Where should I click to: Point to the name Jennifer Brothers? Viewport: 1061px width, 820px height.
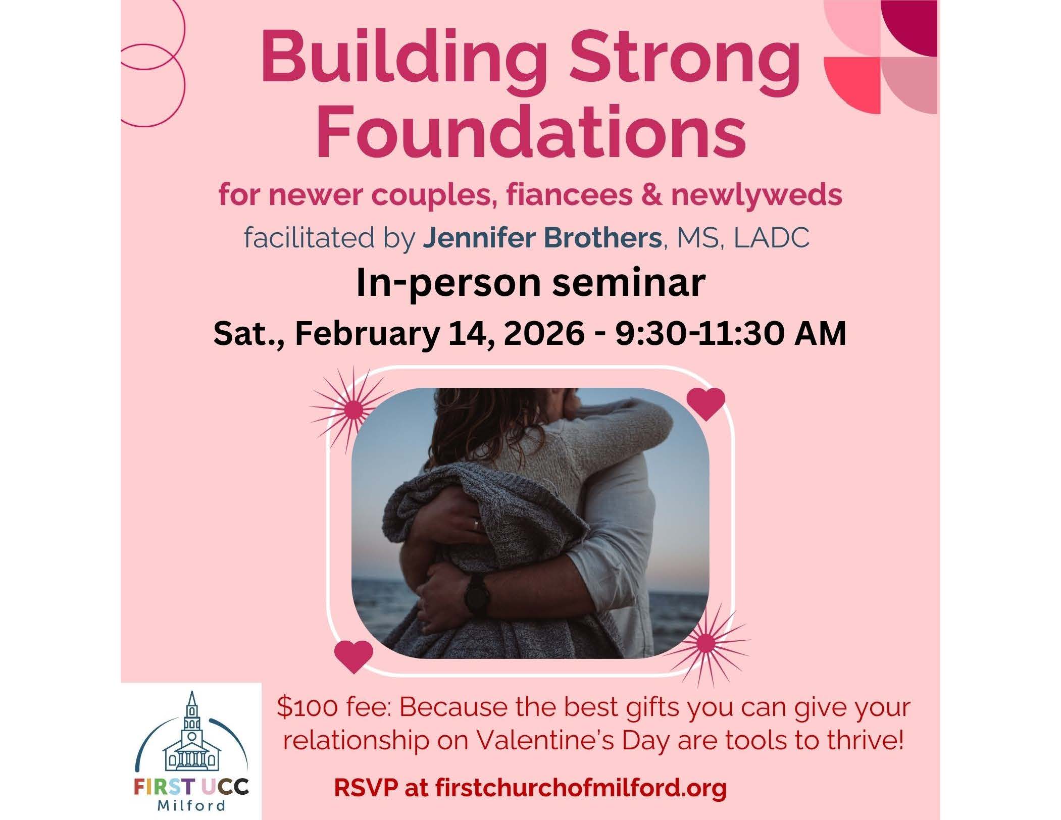pyautogui.click(x=542, y=238)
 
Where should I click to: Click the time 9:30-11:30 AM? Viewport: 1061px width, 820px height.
pyautogui.click(x=730, y=333)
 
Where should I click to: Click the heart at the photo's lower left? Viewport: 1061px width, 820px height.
pyautogui.click(x=354, y=656)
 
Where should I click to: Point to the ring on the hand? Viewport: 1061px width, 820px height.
pyautogui.click(x=476, y=525)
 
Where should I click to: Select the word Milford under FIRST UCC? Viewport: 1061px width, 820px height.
pyautogui.click(x=191, y=804)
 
